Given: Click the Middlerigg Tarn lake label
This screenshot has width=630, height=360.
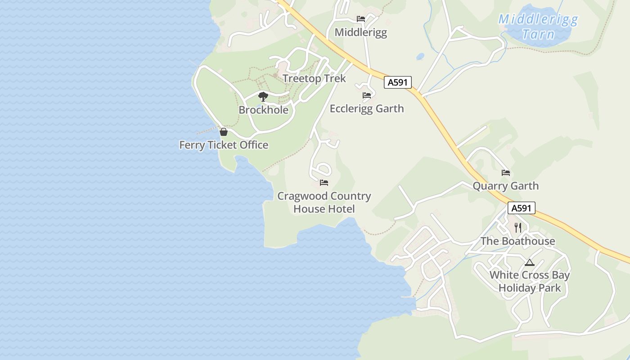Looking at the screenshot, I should [538, 27].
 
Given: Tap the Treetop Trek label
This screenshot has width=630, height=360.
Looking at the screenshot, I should [314, 79].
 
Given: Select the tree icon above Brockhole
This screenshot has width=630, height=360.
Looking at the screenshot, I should [263, 96].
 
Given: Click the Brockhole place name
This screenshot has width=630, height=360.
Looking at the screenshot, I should [263, 110].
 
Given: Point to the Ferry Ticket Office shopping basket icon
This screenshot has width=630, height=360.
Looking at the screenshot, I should [223, 132].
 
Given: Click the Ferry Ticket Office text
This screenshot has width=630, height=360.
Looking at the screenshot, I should [224, 145].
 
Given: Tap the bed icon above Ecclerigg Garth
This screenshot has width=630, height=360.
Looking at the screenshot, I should [367, 95].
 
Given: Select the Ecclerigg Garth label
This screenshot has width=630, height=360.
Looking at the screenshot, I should [367, 109].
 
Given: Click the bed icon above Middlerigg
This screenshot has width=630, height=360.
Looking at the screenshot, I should [360, 19].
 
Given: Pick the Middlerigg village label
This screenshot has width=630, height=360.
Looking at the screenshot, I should [360, 32].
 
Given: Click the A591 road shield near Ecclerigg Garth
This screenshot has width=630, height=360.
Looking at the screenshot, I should [398, 82].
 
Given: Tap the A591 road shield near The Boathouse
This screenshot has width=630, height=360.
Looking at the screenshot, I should [522, 208].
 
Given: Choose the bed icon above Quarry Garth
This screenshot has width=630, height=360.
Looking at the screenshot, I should [506, 173].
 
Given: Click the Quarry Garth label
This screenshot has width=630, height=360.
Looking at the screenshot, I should [505, 186].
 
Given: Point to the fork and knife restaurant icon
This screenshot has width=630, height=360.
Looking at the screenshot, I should [517, 228].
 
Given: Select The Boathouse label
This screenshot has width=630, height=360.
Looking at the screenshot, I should [517, 241].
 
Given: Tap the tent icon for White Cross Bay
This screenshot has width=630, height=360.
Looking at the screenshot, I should [529, 262].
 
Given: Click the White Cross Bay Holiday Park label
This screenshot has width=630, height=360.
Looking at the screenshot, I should [530, 281].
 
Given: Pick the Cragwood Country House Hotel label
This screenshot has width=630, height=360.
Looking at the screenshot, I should [324, 202].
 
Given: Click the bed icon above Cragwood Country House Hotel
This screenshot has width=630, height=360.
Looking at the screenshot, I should [324, 183].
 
